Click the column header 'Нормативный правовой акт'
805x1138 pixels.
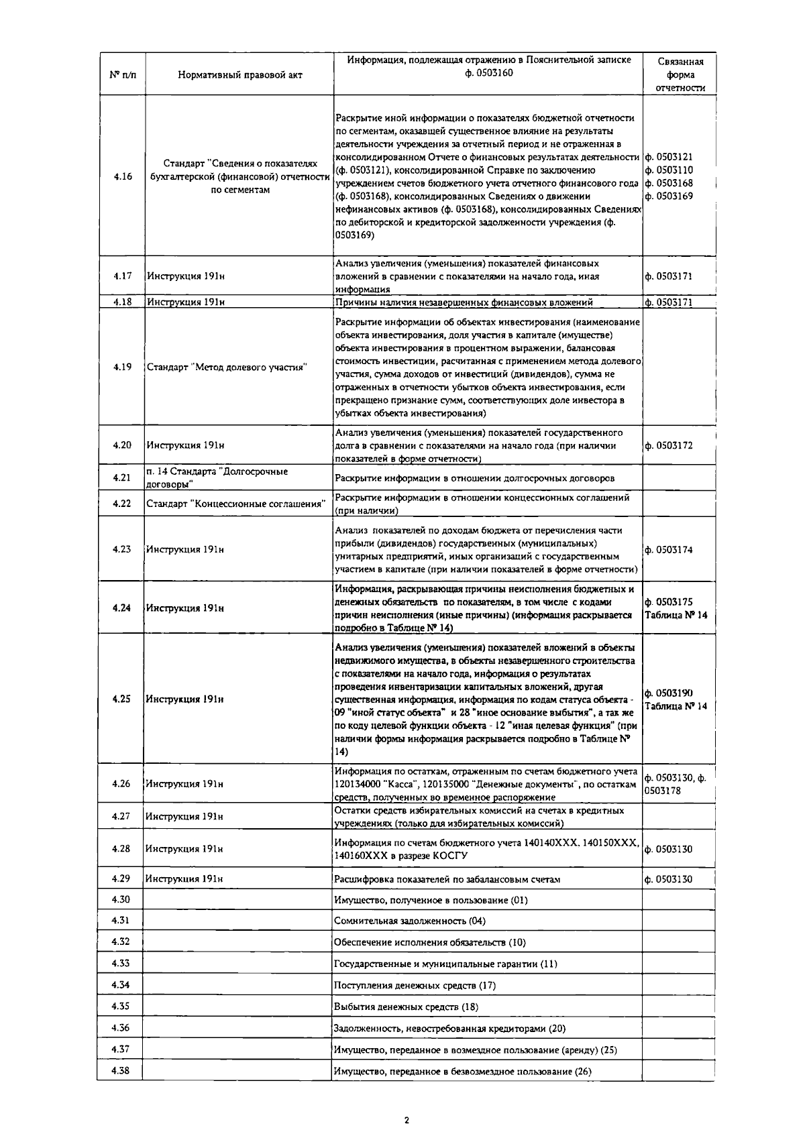point(239,75)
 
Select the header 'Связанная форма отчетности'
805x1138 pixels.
point(680,74)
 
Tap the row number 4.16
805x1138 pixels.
point(122,176)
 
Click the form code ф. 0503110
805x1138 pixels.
point(669,170)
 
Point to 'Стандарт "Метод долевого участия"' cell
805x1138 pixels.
point(227,367)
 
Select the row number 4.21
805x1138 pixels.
point(121,478)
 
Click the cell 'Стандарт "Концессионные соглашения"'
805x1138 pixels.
point(236,504)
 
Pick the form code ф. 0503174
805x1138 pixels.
point(669,550)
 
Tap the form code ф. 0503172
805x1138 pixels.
point(669,445)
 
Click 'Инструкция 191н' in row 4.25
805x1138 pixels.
point(184,699)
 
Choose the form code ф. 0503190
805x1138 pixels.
point(669,693)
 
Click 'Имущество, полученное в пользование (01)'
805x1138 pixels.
point(431,900)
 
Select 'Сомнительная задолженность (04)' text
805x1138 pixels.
point(410,921)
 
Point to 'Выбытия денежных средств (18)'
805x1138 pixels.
point(406,1007)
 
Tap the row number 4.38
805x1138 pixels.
point(121,1070)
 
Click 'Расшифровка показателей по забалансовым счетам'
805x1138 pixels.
point(447,879)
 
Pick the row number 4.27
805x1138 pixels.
point(121,816)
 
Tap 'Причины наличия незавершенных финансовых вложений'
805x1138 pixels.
point(464,302)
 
